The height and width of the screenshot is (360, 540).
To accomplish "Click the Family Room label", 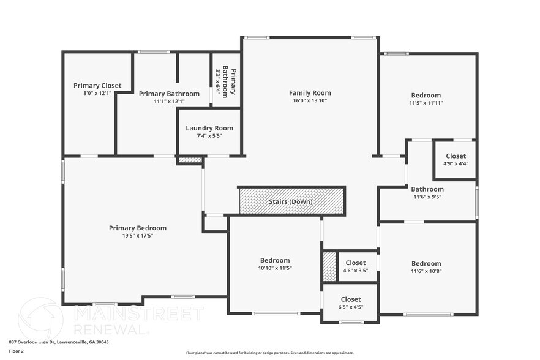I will [310, 93].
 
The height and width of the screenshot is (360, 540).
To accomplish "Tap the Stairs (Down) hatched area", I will [291, 201].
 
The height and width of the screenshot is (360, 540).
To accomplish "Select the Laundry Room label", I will [209, 128].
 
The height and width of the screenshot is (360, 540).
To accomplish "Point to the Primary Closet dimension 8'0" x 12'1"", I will [97, 94].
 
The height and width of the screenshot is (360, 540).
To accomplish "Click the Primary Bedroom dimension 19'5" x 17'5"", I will [138, 236].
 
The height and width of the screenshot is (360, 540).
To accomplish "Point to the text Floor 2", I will [17, 351].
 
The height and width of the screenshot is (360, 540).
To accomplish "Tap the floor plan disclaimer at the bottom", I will [269, 353].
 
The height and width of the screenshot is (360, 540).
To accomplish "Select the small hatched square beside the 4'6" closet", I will [329, 266].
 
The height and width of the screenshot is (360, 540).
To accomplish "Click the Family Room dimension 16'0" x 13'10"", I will [310, 100].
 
